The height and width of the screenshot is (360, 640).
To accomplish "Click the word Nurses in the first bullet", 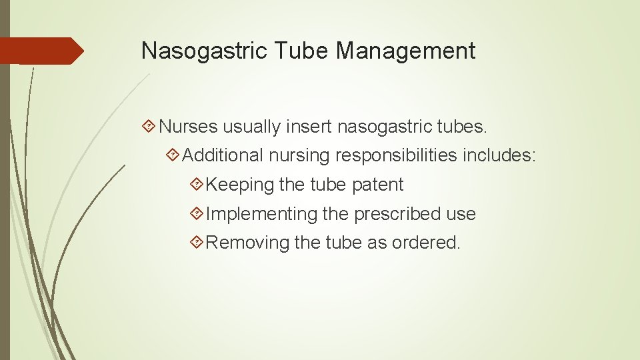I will coord(189,126).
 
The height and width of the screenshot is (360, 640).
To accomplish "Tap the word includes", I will coord(501,155).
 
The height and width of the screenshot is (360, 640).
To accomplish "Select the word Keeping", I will coord(240,185).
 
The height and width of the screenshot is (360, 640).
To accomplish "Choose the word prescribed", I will coord(395,214).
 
